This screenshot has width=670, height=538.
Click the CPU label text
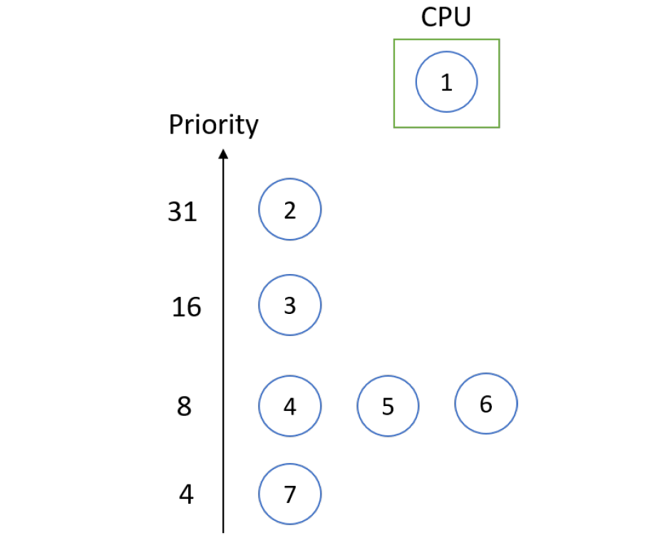tap(446, 17)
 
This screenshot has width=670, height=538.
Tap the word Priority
tap(214, 126)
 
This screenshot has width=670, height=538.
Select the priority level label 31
tap(182, 212)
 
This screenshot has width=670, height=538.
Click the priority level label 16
tap(186, 307)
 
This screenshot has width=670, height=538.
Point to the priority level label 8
tap(184, 406)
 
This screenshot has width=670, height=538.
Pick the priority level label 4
tap(186, 494)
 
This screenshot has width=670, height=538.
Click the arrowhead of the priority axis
tap(223, 153)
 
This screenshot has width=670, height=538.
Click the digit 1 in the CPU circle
tap(446, 83)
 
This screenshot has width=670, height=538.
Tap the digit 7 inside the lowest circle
tap(290, 494)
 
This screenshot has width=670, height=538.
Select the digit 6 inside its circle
tap(486, 404)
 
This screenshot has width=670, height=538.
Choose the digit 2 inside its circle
tap(289, 210)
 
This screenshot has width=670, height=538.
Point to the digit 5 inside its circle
tap(388, 407)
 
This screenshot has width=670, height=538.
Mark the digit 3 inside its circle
tap(289, 306)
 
